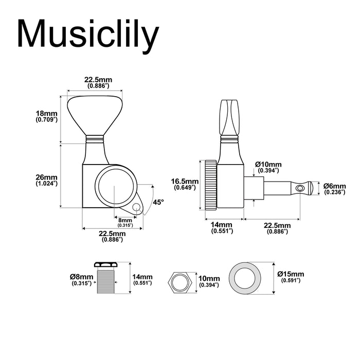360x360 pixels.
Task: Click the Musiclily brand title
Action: coord(88,34)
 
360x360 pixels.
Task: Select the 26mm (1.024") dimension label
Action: coord(46,179)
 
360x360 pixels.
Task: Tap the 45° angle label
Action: coord(158,203)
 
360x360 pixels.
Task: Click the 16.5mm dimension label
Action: coord(185,185)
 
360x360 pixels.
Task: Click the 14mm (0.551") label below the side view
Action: coord(222,228)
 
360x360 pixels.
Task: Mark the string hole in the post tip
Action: coord(302,189)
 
